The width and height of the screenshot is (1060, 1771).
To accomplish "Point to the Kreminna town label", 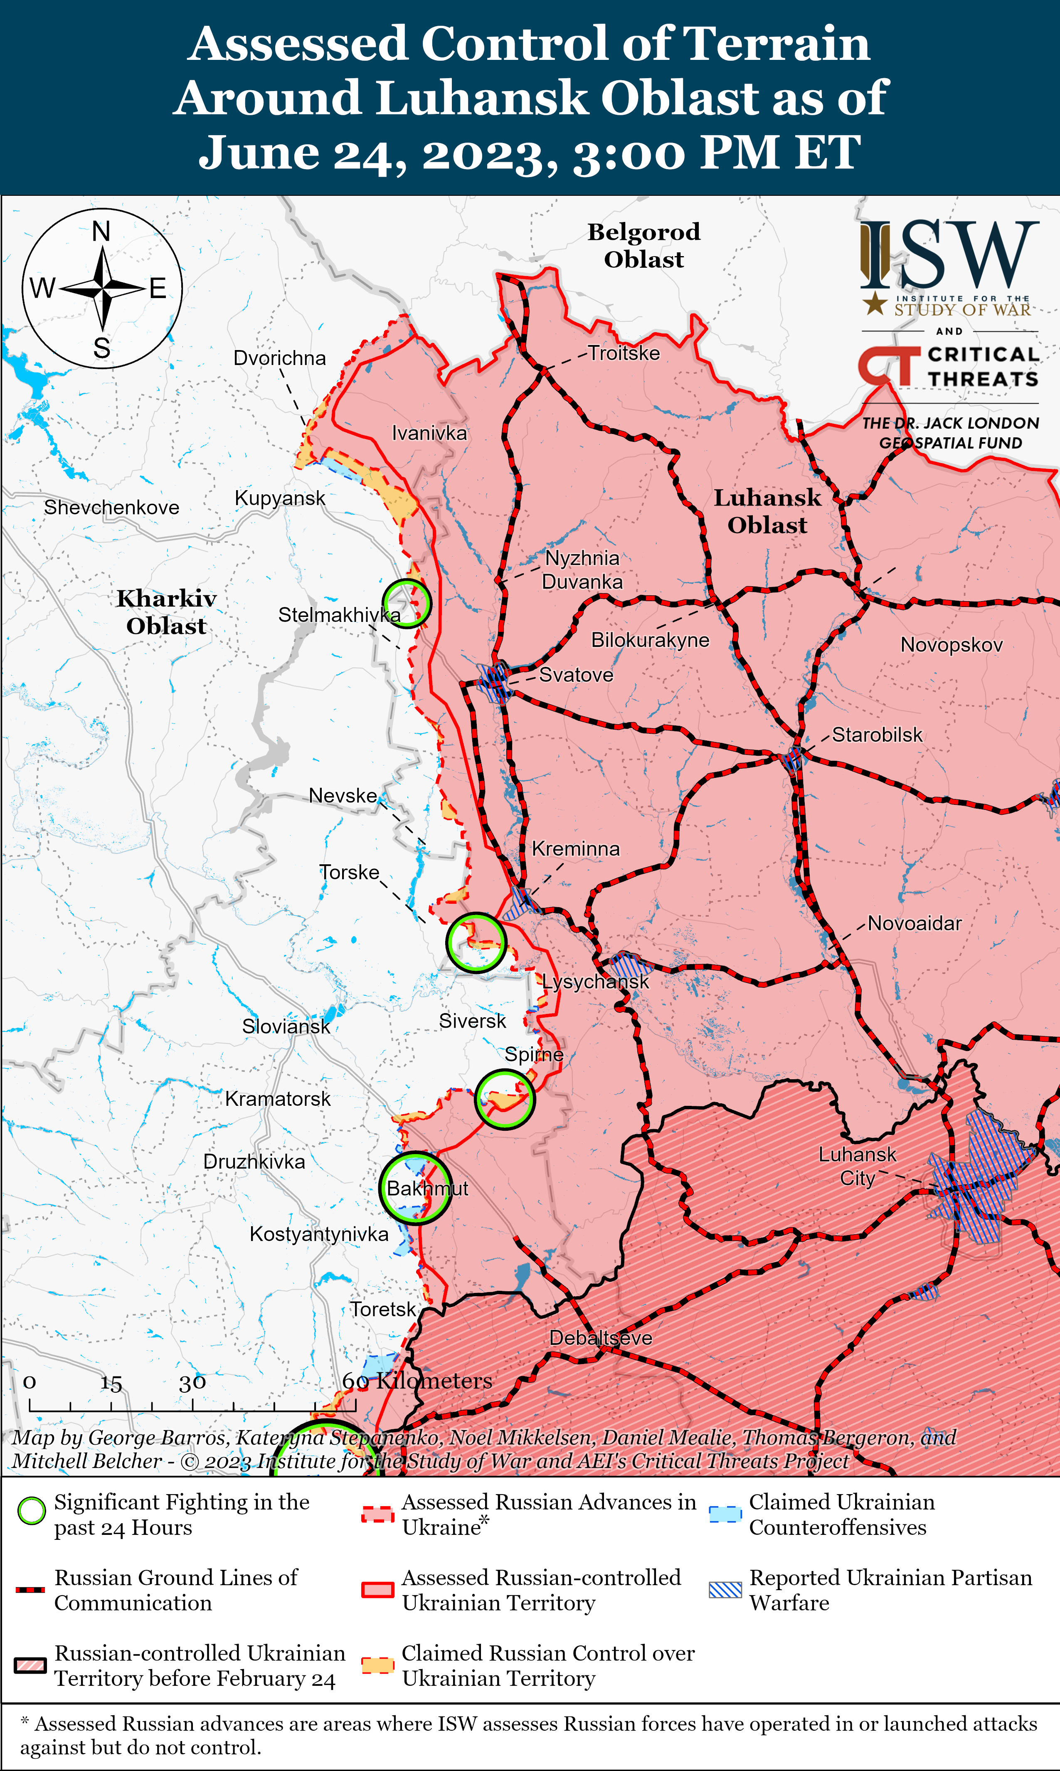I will coord(576,849).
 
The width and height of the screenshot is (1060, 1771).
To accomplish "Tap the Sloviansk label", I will coord(286,1026).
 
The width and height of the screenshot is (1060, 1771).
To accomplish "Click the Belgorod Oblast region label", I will coord(643,245).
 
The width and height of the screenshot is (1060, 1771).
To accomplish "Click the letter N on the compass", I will coord(101,232).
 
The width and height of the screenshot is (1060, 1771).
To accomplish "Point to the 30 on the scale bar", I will coord(192,1382).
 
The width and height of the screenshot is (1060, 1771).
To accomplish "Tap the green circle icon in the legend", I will coord(32,1511).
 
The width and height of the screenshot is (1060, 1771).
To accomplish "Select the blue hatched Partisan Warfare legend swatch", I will coord(725,1590).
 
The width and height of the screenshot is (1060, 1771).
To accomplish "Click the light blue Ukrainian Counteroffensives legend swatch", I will coord(725,1514).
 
